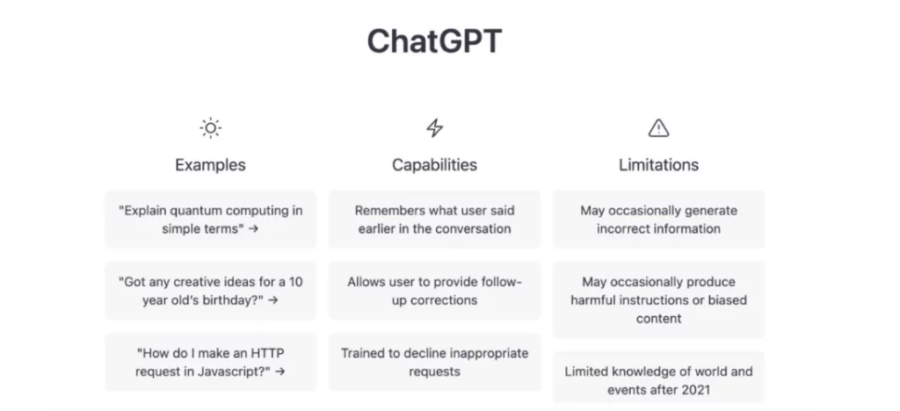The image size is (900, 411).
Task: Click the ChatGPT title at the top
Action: pyautogui.click(x=434, y=41)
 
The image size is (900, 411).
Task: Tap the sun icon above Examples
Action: pyautogui.click(x=210, y=129)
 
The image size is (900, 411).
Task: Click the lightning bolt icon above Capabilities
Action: pyautogui.click(x=434, y=129)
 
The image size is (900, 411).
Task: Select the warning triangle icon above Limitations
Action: pyautogui.click(x=658, y=129)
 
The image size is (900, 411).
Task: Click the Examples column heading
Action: pyautogui.click(x=210, y=164)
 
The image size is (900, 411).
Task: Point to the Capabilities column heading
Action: pyautogui.click(x=434, y=164)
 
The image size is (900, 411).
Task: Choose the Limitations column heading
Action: pyautogui.click(x=658, y=164)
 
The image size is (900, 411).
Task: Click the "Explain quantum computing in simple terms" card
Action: pyautogui.click(x=210, y=220)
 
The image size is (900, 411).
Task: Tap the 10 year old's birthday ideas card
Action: pyautogui.click(x=210, y=291)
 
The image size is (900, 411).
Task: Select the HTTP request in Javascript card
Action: pyautogui.click(x=210, y=362)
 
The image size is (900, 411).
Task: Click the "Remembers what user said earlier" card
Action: pyautogui.click(x=434, y=220)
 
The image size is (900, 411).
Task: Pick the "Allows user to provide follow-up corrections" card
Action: pyautogui.click(x=434, y=291)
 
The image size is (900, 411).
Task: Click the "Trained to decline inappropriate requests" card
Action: pyautogui.click(x=434, y=362)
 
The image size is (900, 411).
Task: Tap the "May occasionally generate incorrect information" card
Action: pyautogui.click(x=658, y=220)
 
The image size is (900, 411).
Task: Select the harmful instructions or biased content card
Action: pyautogui.click(x=658, y=299)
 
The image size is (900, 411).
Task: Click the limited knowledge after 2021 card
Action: pyautogui.click(x=658, y=380)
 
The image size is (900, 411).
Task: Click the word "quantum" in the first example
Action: pyautogui.click(x=195, y=211)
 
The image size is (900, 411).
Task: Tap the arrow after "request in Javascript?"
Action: pyautogui.click(x=280, y=371)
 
